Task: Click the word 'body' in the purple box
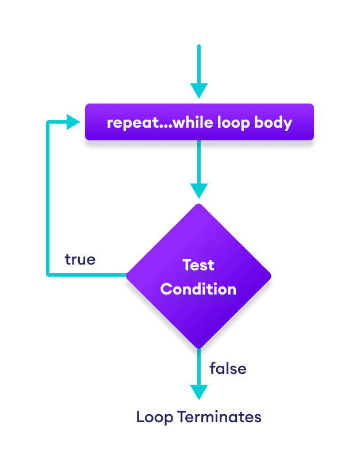(x=274, y=123)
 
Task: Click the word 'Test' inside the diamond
(x=198, y=265)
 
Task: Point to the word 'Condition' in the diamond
(x=198, y=289)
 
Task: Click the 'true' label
(x=80, y=259)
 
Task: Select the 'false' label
(x=228, y=368)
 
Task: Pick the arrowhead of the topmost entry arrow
(x=199, y=91)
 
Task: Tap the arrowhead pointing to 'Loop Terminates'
(x=199, y=392)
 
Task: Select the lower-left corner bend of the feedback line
(x=48, y=275)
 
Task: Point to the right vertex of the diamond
(x=271, y=276)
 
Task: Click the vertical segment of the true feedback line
(x=48, y=198)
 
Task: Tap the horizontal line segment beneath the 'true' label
(x=86, y=275)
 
